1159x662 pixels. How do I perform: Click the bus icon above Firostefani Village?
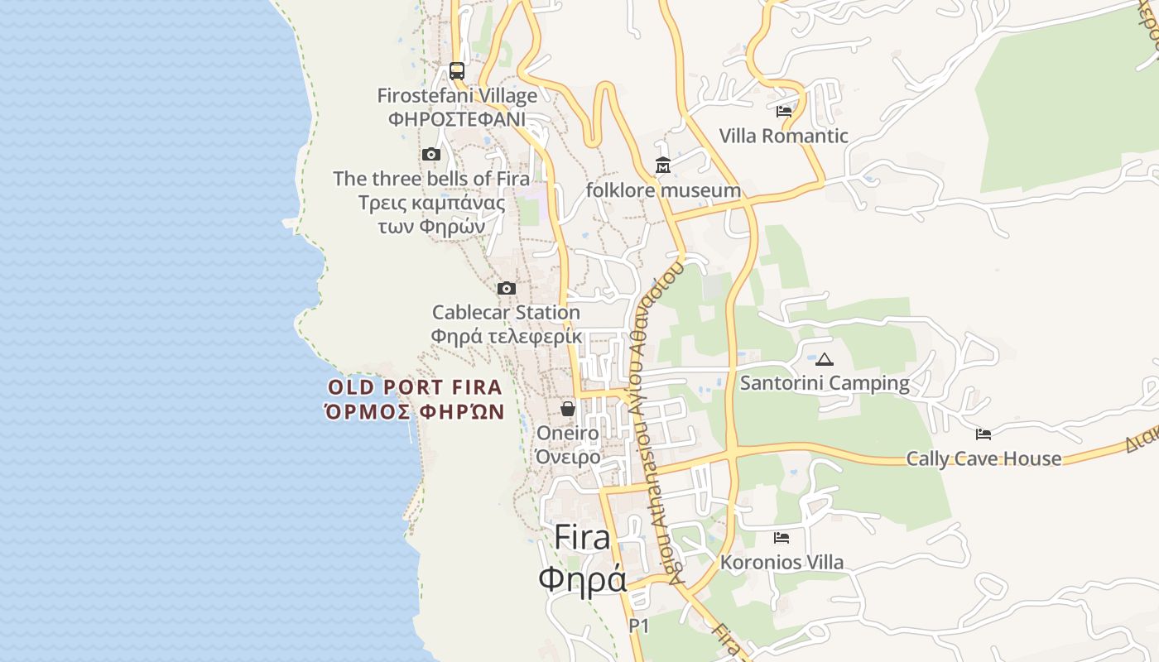click(x=457, y=70)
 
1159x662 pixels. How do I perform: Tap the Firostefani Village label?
click(x=457, y=96)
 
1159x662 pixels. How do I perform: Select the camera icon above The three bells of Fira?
click(x=430, y=154)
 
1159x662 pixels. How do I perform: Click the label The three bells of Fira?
click(x=431, y=179)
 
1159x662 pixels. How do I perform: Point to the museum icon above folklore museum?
click(x=662, y=165)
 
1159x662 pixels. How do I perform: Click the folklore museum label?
click(x=663, y=190)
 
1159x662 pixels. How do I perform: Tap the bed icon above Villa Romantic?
click(x=784, y=111)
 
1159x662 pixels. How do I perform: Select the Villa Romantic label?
click(x=783, y=136)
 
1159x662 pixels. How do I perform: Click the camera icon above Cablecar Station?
click(x=507, y=288)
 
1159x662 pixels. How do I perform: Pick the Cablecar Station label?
click(x=506, y=313)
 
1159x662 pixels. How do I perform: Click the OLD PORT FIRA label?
click(x=415, y=387)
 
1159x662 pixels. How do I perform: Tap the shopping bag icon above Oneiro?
click(x=568, y=409)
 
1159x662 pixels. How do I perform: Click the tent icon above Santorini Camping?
click(x=824, y=359)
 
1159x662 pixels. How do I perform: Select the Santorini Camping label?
click(x=825, y=383)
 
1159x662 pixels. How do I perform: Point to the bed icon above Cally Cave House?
click(x=983, y=434)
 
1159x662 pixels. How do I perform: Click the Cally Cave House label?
click(x=983, y=458)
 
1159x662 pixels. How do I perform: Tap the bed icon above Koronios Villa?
click(x=781, y=538)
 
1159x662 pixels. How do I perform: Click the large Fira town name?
click(x=583, y=538)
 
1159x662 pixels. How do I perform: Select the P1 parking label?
click(x=638, y=626)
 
